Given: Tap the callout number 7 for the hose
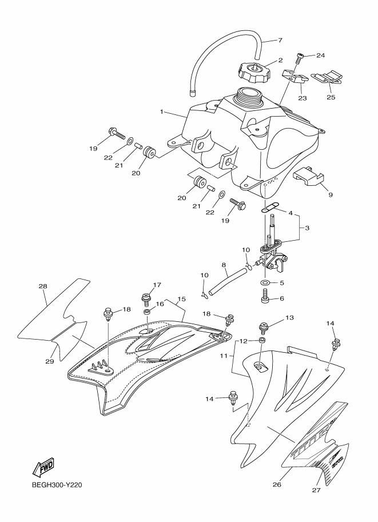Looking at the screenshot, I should (x=280, y=41).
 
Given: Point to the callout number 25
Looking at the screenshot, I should (x=331, y=98).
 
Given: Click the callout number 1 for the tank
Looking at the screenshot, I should (x=162, y=111).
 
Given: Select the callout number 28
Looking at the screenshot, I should (x=42, y=286).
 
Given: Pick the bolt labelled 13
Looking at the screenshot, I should (x=264, y=328).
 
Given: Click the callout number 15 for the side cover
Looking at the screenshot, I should (x=181, y=299).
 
